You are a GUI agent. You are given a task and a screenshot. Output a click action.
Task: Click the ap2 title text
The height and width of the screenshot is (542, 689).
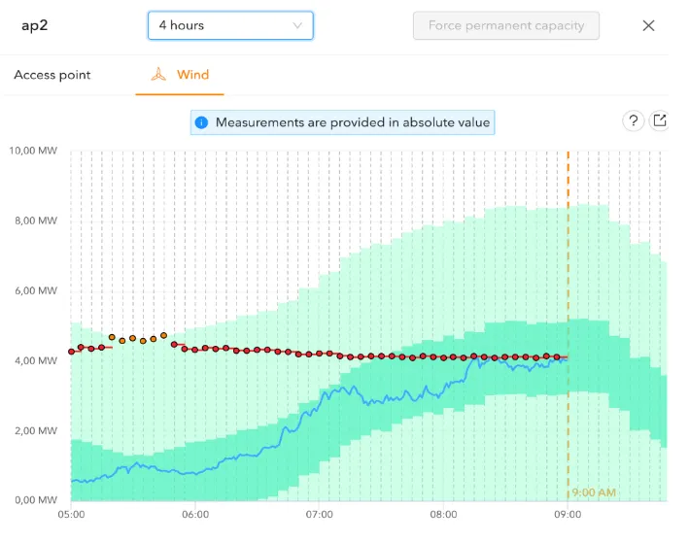34,25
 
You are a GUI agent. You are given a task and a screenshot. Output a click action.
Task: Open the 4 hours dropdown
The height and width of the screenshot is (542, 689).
230,25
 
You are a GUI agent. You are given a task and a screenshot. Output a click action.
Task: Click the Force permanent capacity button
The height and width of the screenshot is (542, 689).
505,25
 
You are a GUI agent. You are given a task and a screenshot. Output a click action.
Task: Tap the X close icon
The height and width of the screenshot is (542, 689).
648,25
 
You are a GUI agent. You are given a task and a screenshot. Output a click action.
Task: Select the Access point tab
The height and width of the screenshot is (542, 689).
52,75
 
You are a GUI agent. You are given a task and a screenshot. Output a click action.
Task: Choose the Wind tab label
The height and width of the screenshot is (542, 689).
192,75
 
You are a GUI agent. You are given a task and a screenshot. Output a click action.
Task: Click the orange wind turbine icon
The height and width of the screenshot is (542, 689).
158,75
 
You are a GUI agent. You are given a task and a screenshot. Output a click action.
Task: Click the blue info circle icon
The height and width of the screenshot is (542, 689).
201,122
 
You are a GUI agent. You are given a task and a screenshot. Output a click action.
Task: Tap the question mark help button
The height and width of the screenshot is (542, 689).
633,121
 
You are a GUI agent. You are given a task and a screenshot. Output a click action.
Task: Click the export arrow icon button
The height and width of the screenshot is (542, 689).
660,121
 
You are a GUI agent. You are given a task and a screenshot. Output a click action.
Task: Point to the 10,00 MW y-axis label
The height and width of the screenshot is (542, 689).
33,151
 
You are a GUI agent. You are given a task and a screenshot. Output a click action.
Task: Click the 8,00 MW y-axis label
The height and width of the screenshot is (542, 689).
35,220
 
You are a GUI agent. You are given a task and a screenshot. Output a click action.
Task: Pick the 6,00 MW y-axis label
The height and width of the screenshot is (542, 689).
35,290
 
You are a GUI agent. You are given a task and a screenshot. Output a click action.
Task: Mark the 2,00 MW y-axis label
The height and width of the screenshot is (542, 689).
35,430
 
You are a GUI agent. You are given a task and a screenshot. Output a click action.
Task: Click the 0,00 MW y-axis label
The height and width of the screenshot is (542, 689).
35,500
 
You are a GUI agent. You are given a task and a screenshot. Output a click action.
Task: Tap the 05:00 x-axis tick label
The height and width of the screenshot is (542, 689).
71,515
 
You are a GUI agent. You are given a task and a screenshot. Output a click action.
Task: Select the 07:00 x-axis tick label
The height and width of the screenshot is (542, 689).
320,515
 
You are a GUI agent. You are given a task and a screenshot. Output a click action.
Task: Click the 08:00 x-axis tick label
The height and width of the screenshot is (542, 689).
444,515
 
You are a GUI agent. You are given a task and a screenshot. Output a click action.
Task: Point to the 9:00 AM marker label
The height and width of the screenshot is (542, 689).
593,492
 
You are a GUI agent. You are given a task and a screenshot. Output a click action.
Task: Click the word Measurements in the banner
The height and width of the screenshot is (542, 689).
258,122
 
